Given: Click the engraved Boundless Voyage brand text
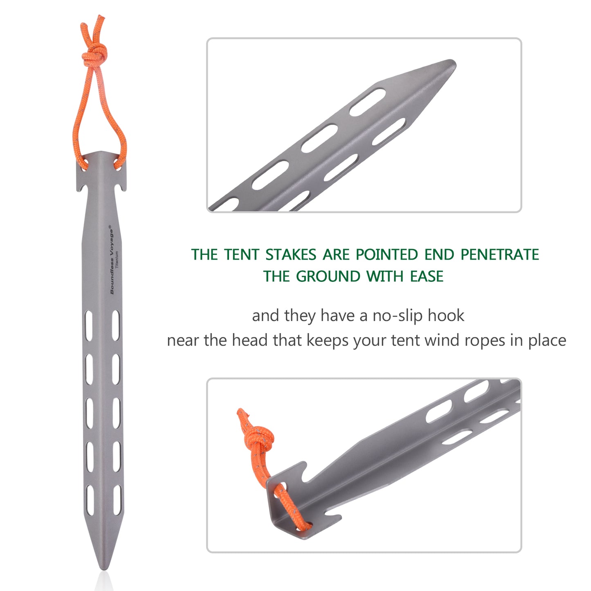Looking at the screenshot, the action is pyautogui.click(x=112, y=260).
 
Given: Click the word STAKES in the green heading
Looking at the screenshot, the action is pyautogui.click(x=291, y=254).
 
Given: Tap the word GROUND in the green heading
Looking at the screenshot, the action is pyautogui.click(x=328, y=276).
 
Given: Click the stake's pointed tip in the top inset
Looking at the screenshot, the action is pyautogui.click(x=454, y=63).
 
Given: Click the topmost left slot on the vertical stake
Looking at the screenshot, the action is pyautogui.click(x=89, y=326).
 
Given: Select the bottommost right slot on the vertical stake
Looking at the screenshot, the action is pyautogui.click(x=117, y=500).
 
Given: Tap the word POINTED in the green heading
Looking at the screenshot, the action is pyautogui.click(x=387, y=254).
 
